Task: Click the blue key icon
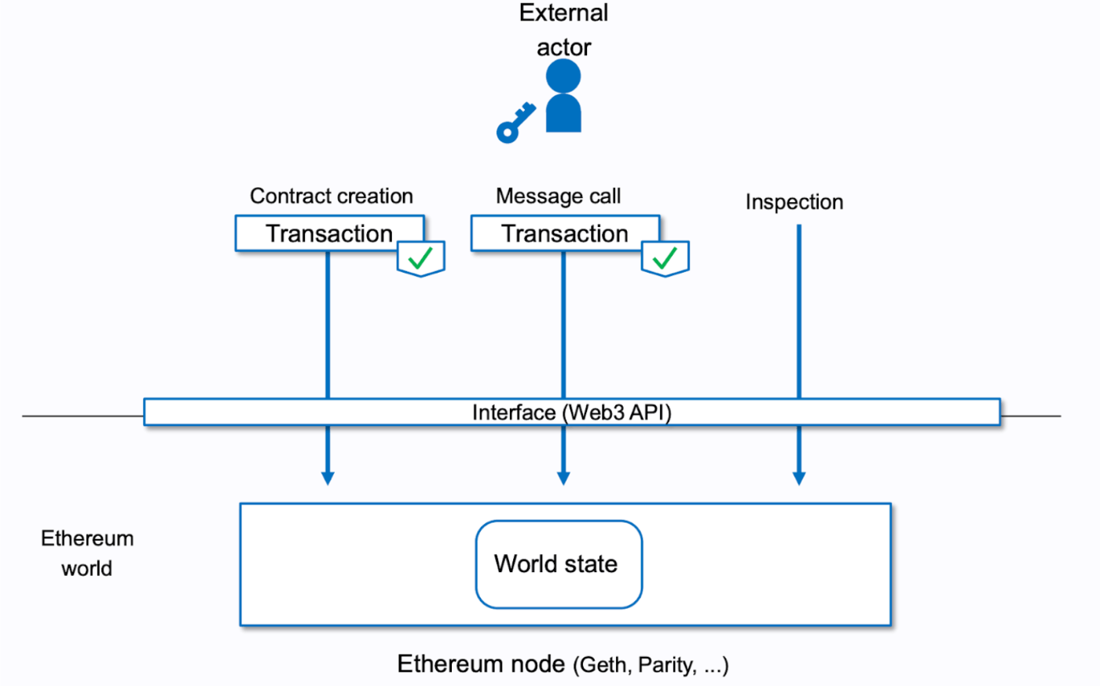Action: pyautogui.click(x=515, y=123)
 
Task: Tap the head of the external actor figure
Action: pyautogui.click(x=563, y=76)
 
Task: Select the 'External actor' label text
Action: pyautogui.click(x=563, y=30)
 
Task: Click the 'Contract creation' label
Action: pyautogui.click(x=331, y=196)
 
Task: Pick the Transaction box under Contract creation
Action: pyautogui.click(x=329, y=233)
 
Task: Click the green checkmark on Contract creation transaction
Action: pyautogui.click(x=421, y=258)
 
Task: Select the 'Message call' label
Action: pyautogui.click(x=558, y=196)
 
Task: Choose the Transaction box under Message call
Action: pyautogui.click(x=565, y=233)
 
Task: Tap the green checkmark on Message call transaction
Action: pyautogui.click(x=665, y=258)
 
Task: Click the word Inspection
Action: pyautogui.click(x=794, y=202)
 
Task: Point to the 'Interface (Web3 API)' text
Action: pyautogui.click(x=571, y=413)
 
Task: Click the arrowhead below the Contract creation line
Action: pyautogui.click(x=328, y=478)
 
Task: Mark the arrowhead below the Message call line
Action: pyautogui.click(x=563, y=478)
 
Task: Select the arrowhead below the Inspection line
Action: pyautogui.click(x=799, y=478)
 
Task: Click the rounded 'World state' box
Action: pyautogui.click(x=559, y=563)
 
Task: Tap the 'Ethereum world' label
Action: pyautogui.click(x=86, y=553)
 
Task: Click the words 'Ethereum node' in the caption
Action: pyautogui.click(x=480, y=664)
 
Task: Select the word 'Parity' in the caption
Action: pyautogui.click(x=665, y=666)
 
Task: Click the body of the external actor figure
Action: pyautogui.click(x=563, y=114)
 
